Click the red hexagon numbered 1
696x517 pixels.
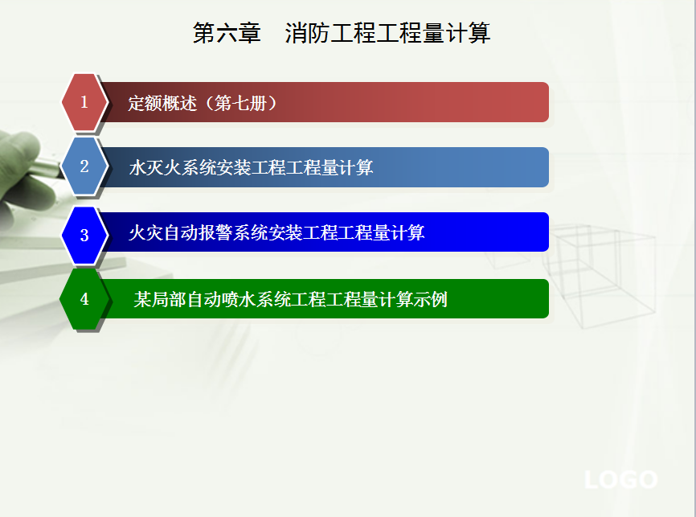tap(84, 102)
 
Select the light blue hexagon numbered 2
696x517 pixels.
tap(84, 166)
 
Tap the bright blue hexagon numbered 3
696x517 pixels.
tap(84, 235)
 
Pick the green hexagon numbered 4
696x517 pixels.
tap(84, 299)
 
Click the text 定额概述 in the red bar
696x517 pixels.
tap(162, 103)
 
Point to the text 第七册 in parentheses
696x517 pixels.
tap(240, 103)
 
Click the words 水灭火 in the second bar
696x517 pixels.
tap(155, 168)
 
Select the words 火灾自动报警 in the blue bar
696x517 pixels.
tap(181, 232)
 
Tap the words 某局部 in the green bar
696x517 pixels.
tap(160, 299)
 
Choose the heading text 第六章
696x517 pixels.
tap(227, 33)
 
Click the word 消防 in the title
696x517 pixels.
tap(307, 33)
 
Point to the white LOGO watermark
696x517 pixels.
tap(621, 480)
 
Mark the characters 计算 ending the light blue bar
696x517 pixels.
tap(356, 168)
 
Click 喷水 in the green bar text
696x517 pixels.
tap(239, 299)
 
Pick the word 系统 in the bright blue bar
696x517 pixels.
tap(250, 232)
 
